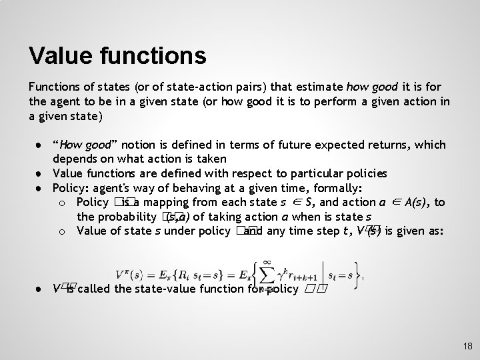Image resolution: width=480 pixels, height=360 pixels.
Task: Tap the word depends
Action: point(74,159)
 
